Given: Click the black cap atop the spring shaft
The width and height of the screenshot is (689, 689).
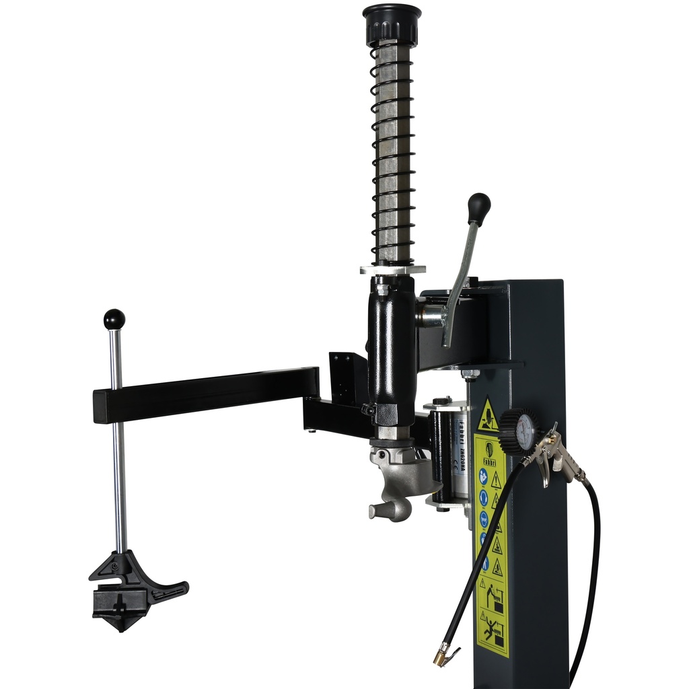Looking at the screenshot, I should pyautogui.click(x=392, y=24).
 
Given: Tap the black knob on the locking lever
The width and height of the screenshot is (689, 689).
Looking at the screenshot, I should pyautogui.click(x=478, y=207).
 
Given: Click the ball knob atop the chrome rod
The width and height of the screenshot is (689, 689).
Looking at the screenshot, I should pyautogui.click(x=114, y=319).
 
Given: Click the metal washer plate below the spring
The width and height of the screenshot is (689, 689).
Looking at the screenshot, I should pyautogui.click(x=392, y=269).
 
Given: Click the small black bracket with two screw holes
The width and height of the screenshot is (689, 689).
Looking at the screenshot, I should pyautogui.click(x=347, y=377).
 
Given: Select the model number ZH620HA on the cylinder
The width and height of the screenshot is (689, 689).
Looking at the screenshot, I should pyautogui.click(x=464, y=458).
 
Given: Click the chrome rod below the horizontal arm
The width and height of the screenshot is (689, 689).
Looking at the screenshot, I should pyautogui.click(x=120, y=484).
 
